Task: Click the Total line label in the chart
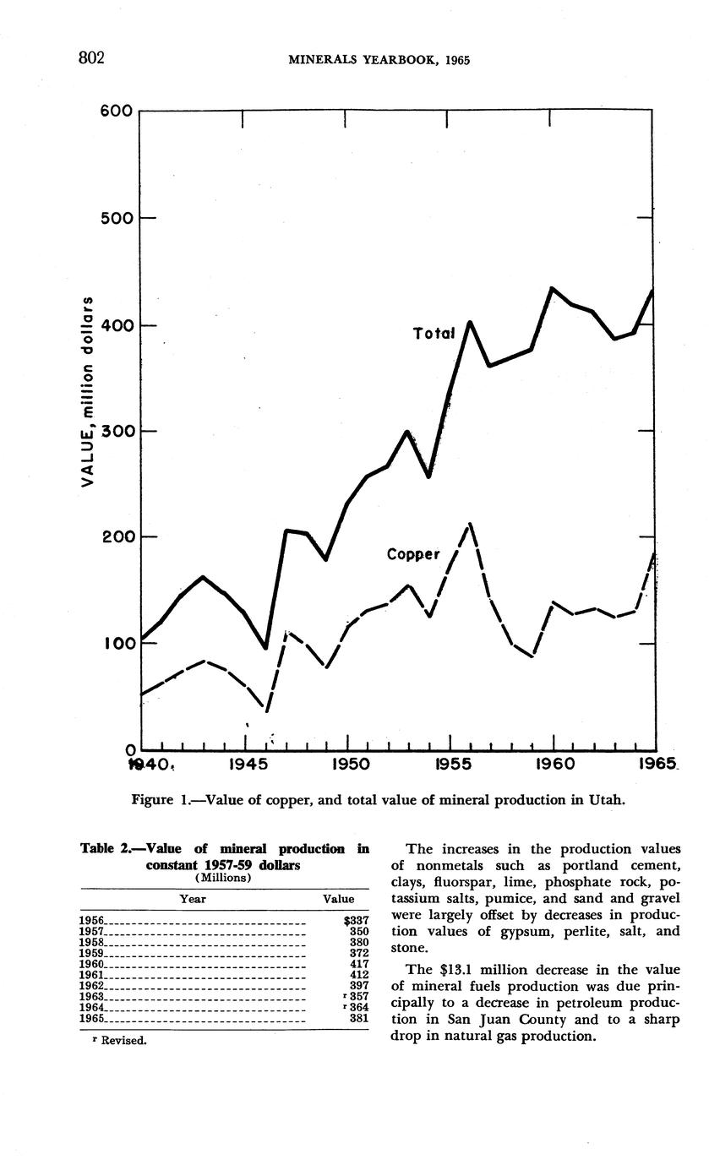[x=434, y=334]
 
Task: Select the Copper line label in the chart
[x=413, y=555]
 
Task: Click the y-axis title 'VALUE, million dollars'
[x=85, y=392]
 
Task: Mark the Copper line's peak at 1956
[x=469, y=524]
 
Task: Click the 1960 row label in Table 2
[x=91, y=964]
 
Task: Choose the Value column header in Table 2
[x=339, y=900]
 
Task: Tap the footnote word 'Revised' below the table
[x=123, y=1041]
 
